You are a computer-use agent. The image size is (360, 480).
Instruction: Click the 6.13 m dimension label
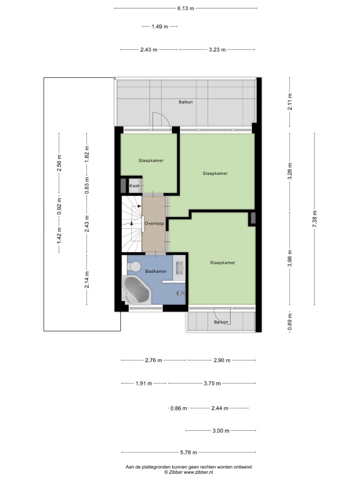[186, 8]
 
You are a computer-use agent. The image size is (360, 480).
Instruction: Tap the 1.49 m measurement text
[160, 27]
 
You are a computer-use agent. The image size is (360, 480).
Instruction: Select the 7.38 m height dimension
[315, 219]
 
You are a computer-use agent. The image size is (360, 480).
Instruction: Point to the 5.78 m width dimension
[188, 452]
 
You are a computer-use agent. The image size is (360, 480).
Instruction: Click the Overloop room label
[154, 224]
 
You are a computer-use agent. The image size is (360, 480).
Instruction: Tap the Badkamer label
[156, 271]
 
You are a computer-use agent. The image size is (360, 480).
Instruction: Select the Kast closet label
[134, 186]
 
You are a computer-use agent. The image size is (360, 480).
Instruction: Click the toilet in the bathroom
[134, 266]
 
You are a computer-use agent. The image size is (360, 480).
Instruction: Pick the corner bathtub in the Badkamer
[136, 290]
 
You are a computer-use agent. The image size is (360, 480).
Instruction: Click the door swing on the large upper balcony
[161, 121]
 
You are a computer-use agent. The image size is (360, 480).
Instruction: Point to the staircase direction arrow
[132, 222]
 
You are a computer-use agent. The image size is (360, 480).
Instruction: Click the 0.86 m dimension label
[179, 408]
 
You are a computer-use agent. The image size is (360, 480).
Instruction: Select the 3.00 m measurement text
[221, 431]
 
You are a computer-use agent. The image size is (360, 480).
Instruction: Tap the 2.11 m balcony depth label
[290, 102]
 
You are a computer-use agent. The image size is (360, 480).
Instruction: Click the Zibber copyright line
[188, 472]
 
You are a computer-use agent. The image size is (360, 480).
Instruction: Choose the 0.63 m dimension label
[87, 186]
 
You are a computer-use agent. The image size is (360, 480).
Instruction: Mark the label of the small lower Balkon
[221, 322]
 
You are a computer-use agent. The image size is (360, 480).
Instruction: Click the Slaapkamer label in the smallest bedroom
[151, 160]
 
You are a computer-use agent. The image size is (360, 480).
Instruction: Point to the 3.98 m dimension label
[290, 258]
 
